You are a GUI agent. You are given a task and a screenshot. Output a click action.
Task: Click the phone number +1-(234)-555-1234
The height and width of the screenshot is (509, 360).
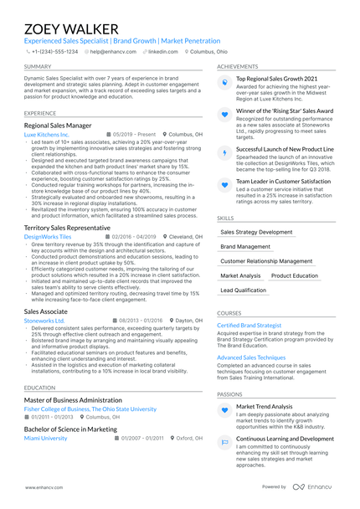54,51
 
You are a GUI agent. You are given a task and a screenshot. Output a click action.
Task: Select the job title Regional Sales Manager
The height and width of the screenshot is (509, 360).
58,124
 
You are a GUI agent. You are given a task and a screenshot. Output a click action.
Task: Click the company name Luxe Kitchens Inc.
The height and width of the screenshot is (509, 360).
47,134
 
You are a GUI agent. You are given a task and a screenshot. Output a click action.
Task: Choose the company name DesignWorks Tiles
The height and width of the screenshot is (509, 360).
48,237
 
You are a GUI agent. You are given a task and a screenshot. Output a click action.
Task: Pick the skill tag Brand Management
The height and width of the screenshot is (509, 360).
245,247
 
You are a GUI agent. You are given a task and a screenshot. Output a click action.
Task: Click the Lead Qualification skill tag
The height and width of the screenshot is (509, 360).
243,290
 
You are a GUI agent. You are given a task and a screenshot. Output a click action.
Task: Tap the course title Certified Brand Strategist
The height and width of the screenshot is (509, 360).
249,325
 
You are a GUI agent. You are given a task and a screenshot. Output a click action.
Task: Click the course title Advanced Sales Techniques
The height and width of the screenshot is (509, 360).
252,357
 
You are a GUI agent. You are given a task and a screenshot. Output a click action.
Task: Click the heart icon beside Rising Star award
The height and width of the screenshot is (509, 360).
224,114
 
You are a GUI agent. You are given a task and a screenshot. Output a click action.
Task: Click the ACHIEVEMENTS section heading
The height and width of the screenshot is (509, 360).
237,66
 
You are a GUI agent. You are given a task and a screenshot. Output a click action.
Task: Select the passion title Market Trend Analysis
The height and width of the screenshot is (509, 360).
265,406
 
